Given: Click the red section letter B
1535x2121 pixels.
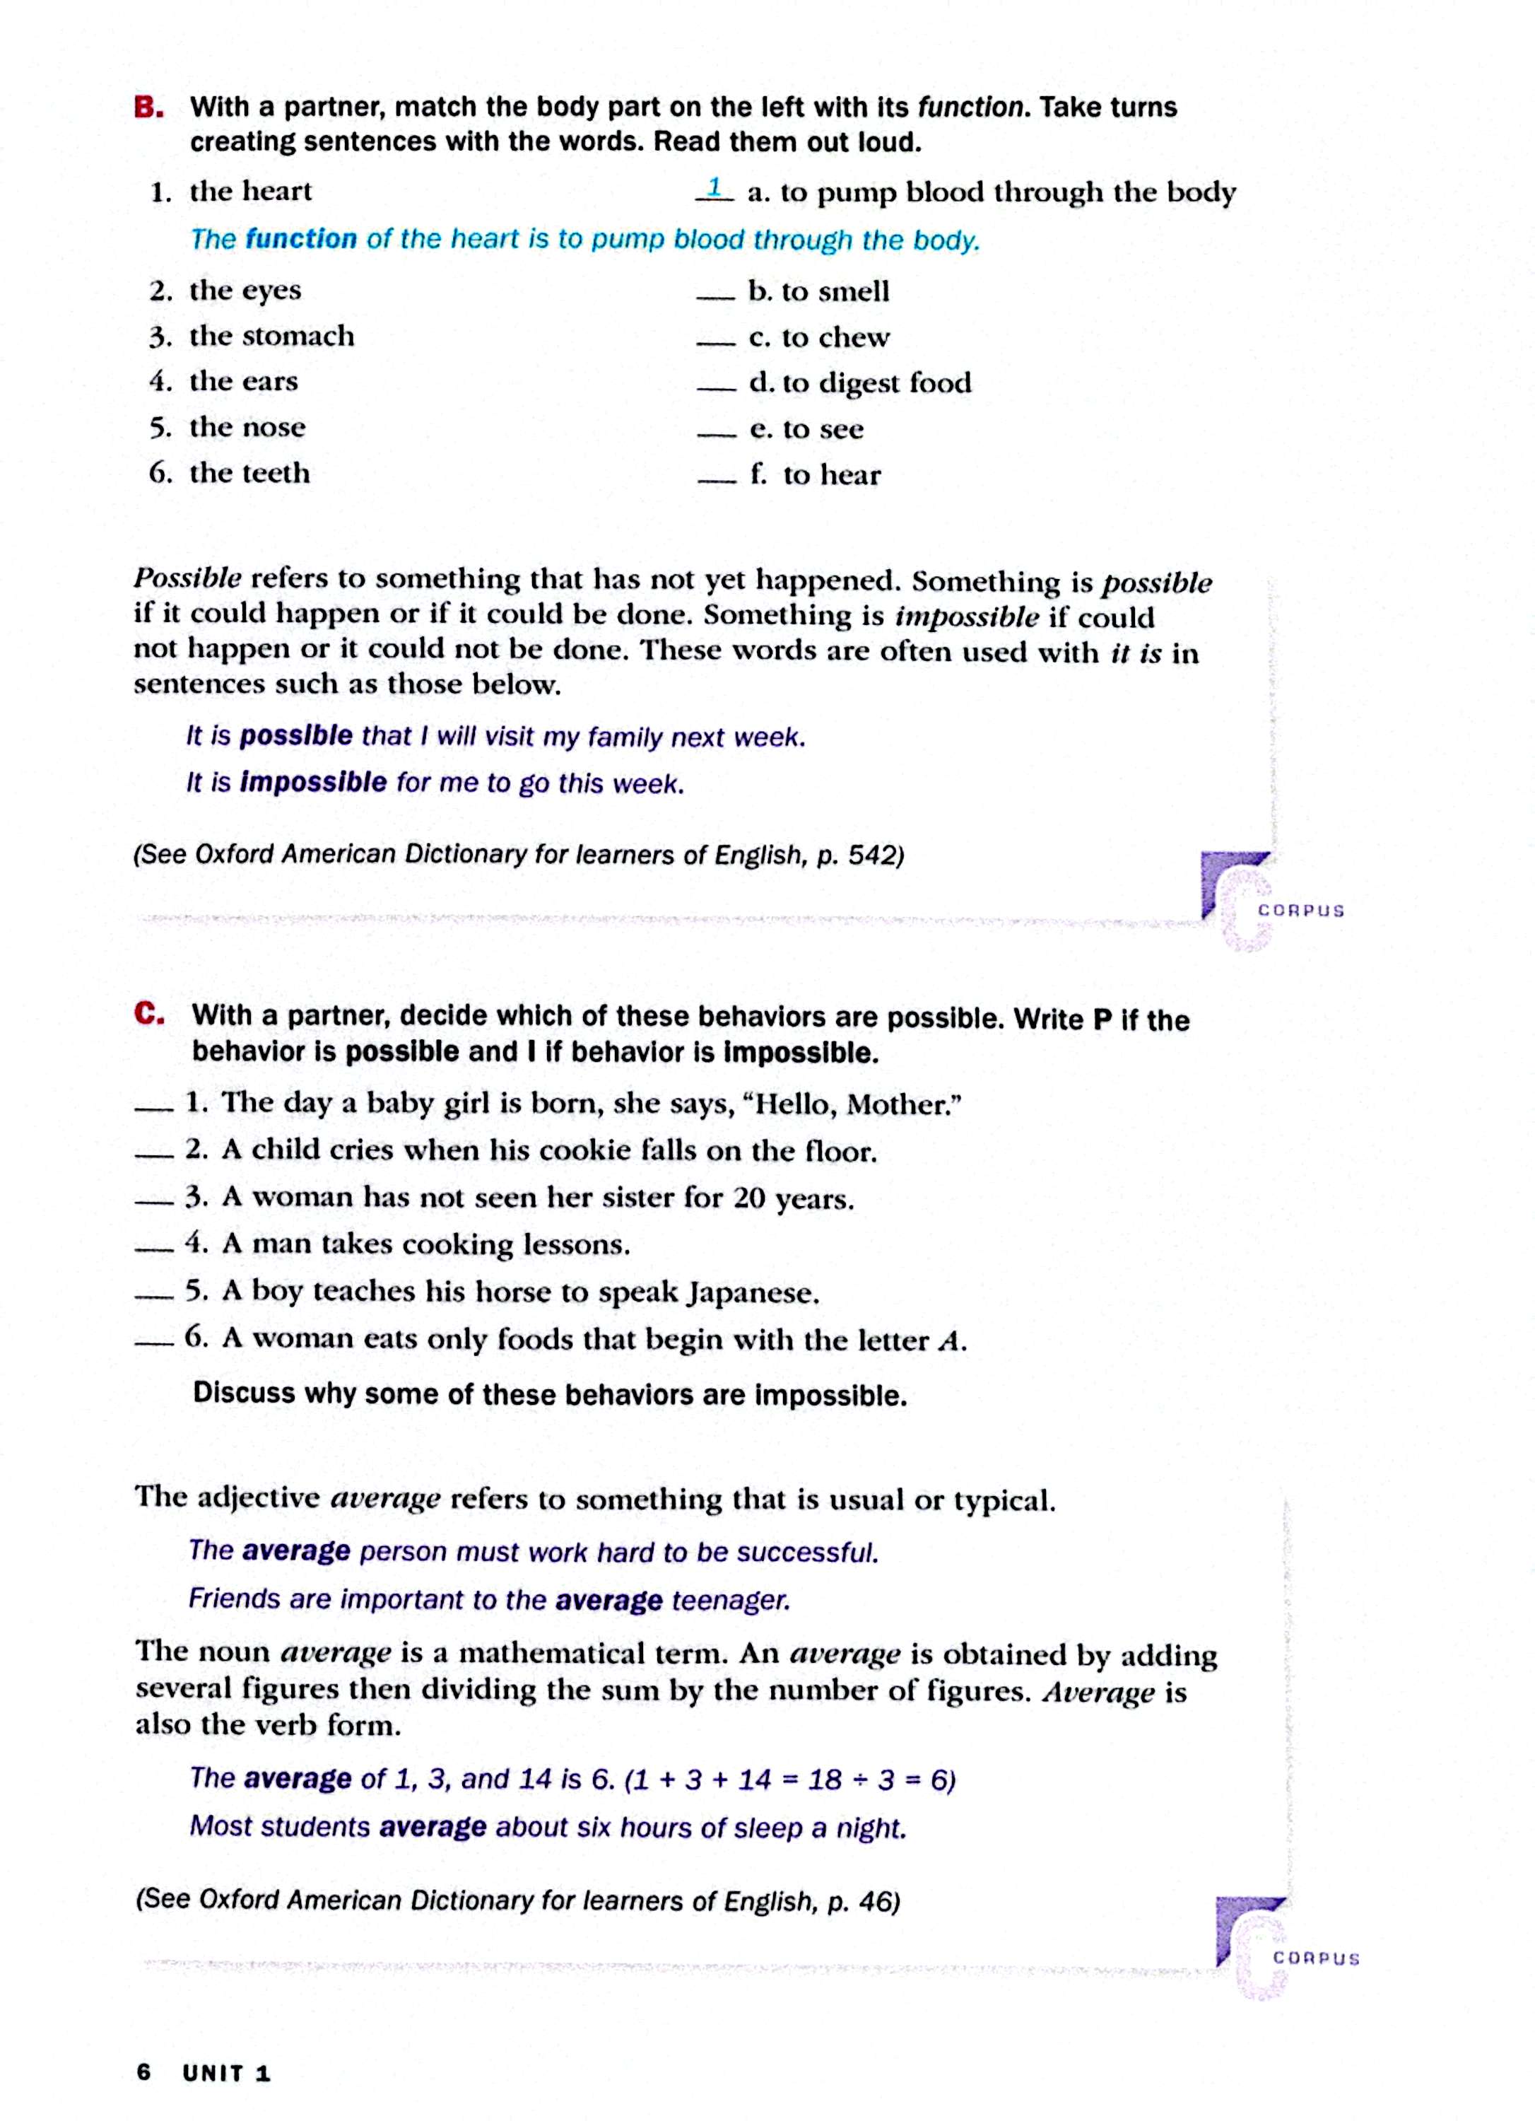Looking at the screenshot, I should coord(148,107).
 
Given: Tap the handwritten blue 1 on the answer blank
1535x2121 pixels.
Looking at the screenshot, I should coord(714,187).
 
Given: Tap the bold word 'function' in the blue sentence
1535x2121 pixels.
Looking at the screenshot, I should coord(301,240).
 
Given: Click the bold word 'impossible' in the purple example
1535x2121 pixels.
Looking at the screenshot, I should coord(313,782).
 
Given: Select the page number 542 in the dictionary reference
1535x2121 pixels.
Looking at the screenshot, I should coord(871,855).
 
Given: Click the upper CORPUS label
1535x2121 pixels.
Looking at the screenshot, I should coord(1300,910).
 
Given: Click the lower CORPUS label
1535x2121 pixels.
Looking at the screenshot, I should coord(1315,1958).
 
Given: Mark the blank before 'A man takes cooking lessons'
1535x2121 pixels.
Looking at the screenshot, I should coord(153,1249).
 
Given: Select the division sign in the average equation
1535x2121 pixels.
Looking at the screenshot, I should coord(859,1779).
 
